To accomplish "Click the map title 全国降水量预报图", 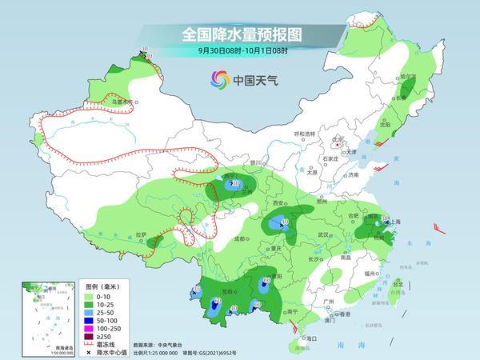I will (239, 34).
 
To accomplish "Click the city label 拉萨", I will (141, 234).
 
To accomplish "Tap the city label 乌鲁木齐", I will (122, 102).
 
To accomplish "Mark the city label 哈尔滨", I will (409, 78).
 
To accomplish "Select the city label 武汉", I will (324, 234).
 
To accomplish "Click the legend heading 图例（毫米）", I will (102, 286).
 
